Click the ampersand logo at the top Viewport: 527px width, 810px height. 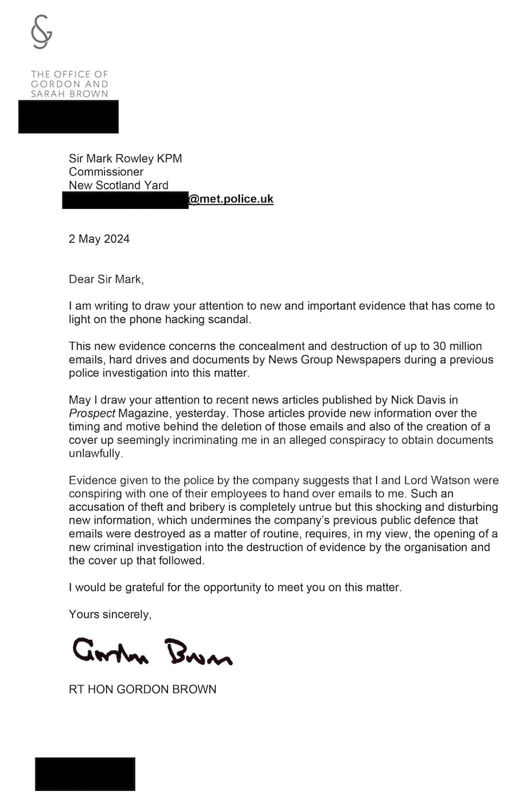[42, 32]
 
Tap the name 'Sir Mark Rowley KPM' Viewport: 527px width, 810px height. [125, 158]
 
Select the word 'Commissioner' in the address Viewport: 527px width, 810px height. [106, 172]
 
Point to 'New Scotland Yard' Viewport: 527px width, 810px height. [119, 185]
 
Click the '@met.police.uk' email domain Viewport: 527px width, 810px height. [231, 199]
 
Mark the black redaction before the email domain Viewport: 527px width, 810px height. [125, 200]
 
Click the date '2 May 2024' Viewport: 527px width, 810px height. [99, 239]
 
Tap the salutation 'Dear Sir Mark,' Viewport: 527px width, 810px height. [106, 279]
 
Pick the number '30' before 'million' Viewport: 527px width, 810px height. [431, 347]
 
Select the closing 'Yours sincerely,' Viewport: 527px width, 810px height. [110, 614]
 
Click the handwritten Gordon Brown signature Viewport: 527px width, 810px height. [152, 651]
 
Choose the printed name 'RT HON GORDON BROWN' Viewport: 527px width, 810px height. [142, 689]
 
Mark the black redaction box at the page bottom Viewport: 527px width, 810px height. [85, 774]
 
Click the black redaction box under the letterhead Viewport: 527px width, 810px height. [69, 117]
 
